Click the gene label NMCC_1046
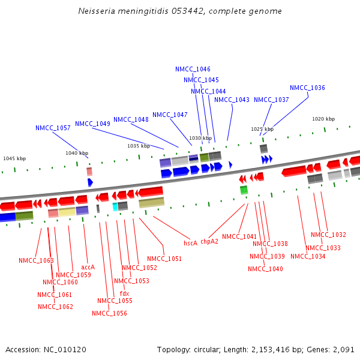pyautogui.click(x=193, y=69)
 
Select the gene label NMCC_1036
pyautogui.click(x=307, y=88)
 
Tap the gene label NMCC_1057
pyautogui.click(x=53, y=128)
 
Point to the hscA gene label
pyautogui.click(x=190, y=243)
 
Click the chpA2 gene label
pyautogui.click(x=209, y=241)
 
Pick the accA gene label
pyautogui.click(x=88, y=267)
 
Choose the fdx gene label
pyautogui.click(x=124, y=293)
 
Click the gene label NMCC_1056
pyautogui.click(x=109, y=313)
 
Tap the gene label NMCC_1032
pyautogui.click(x=328, y=235)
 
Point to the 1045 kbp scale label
pyautogui.click(x=14, y=158)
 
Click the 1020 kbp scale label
pyautogui.click(x=323, y=119)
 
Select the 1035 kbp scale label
pyautogui.click(x=139, y=146)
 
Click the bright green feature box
pyautogui.click(x=244, y=190)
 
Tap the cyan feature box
pyautogui.click(x=115, y=206)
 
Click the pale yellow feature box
pyautogui.click(x=67, y=211)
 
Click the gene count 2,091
pyautogui.click(x=344, y=349)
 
